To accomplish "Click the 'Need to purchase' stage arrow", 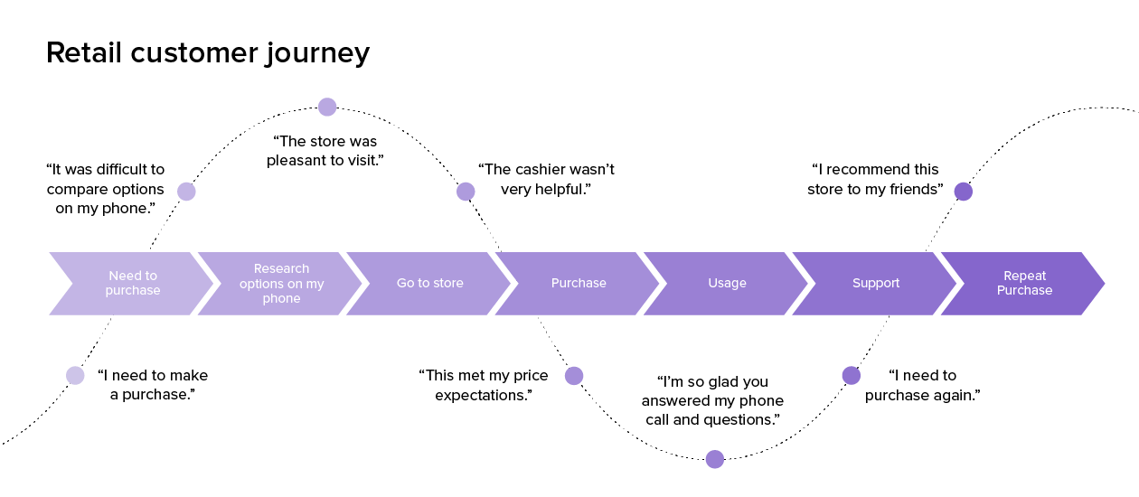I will [132, 284].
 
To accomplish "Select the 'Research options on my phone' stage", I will [281, 284].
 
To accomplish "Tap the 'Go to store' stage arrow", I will [429, 284].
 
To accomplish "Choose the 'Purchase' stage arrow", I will [579, 284].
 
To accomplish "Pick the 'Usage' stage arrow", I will [727, 284].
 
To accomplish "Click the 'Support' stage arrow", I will [876, 284].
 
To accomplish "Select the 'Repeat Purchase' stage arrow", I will [1024, 284].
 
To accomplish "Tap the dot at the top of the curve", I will [327, 108].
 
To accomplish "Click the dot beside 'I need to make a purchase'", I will [76, 375].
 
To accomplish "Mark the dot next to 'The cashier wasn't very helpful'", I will [466, 192].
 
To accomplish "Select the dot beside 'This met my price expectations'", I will [574, 376].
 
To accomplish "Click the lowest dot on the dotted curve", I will [714, 459].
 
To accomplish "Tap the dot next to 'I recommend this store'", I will [964, 192].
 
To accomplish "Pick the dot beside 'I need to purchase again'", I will [851, 376].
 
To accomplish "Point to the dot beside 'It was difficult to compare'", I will [186, 192].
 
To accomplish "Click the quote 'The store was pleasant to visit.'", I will [325, 151].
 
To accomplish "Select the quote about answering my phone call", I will [712, 400].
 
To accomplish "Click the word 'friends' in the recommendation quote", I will [912, 190].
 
